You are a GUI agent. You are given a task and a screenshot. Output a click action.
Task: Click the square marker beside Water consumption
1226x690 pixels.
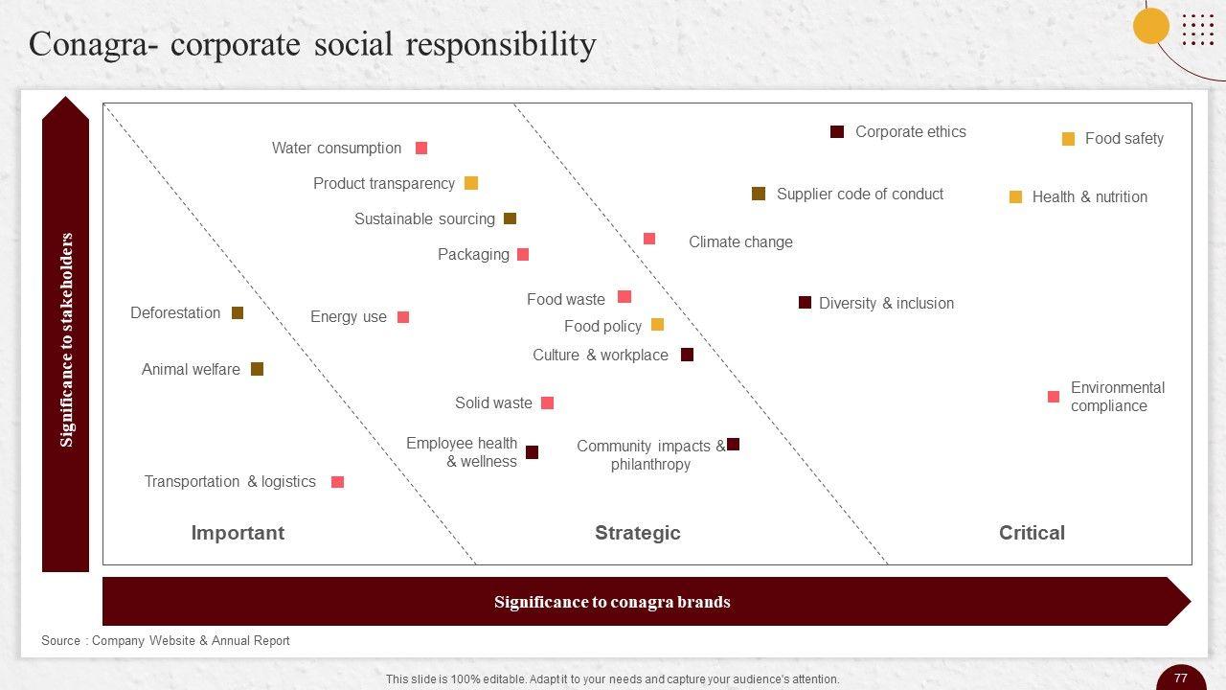421,149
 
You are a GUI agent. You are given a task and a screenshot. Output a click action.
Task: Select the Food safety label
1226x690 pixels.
1124,139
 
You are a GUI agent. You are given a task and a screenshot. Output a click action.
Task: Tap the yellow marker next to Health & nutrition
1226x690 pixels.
1015,197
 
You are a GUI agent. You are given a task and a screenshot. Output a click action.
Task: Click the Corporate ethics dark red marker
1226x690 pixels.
837,132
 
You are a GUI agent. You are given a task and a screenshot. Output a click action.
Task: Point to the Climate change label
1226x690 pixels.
740,242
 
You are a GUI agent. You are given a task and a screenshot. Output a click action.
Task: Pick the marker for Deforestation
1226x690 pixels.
238,313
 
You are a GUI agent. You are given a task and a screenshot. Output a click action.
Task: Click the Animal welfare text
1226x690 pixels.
191,370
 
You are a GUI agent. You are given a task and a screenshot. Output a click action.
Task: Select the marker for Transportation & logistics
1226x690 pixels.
337,482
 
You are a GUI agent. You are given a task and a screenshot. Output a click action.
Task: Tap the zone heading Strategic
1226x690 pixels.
637,533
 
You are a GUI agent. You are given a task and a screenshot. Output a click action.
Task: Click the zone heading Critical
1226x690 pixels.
1032,533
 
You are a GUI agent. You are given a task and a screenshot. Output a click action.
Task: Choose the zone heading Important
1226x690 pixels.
238,533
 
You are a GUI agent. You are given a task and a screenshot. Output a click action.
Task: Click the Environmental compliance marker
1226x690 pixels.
1054,397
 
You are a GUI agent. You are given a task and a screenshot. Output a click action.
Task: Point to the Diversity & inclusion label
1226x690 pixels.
886,304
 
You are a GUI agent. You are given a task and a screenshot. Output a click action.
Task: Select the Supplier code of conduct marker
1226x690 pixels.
759,195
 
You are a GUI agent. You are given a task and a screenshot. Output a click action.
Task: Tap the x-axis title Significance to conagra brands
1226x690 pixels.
612,602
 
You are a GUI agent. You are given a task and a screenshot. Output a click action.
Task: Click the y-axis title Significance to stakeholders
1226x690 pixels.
66,339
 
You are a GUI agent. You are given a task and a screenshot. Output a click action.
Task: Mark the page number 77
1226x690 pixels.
1181,678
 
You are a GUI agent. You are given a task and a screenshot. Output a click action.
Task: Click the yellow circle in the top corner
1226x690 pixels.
1151,26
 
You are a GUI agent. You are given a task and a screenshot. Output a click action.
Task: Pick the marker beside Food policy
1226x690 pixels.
658,325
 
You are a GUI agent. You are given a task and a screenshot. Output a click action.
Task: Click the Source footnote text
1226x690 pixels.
165,640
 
